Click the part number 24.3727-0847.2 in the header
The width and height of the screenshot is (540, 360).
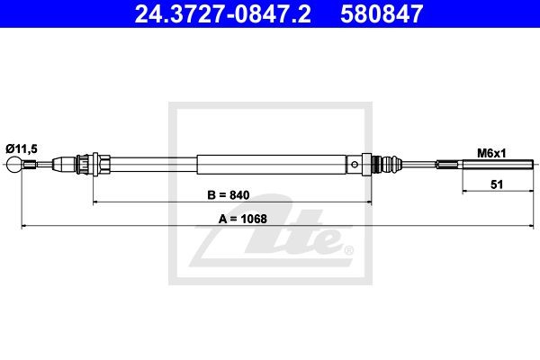coord(222,13)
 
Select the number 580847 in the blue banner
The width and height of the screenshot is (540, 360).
coord(382,13)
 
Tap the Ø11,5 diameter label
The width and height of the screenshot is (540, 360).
coord(22,148)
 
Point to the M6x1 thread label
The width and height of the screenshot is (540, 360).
coord(491,153)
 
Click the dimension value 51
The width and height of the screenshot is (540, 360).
coord(497,184)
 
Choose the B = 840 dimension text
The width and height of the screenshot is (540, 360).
coord(228,195)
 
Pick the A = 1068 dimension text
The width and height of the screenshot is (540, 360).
coord(243,219)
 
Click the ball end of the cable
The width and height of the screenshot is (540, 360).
coord(14,165)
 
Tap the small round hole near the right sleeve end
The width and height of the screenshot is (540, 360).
coord(355,165)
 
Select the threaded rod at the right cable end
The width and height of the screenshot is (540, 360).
coord(498,165)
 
